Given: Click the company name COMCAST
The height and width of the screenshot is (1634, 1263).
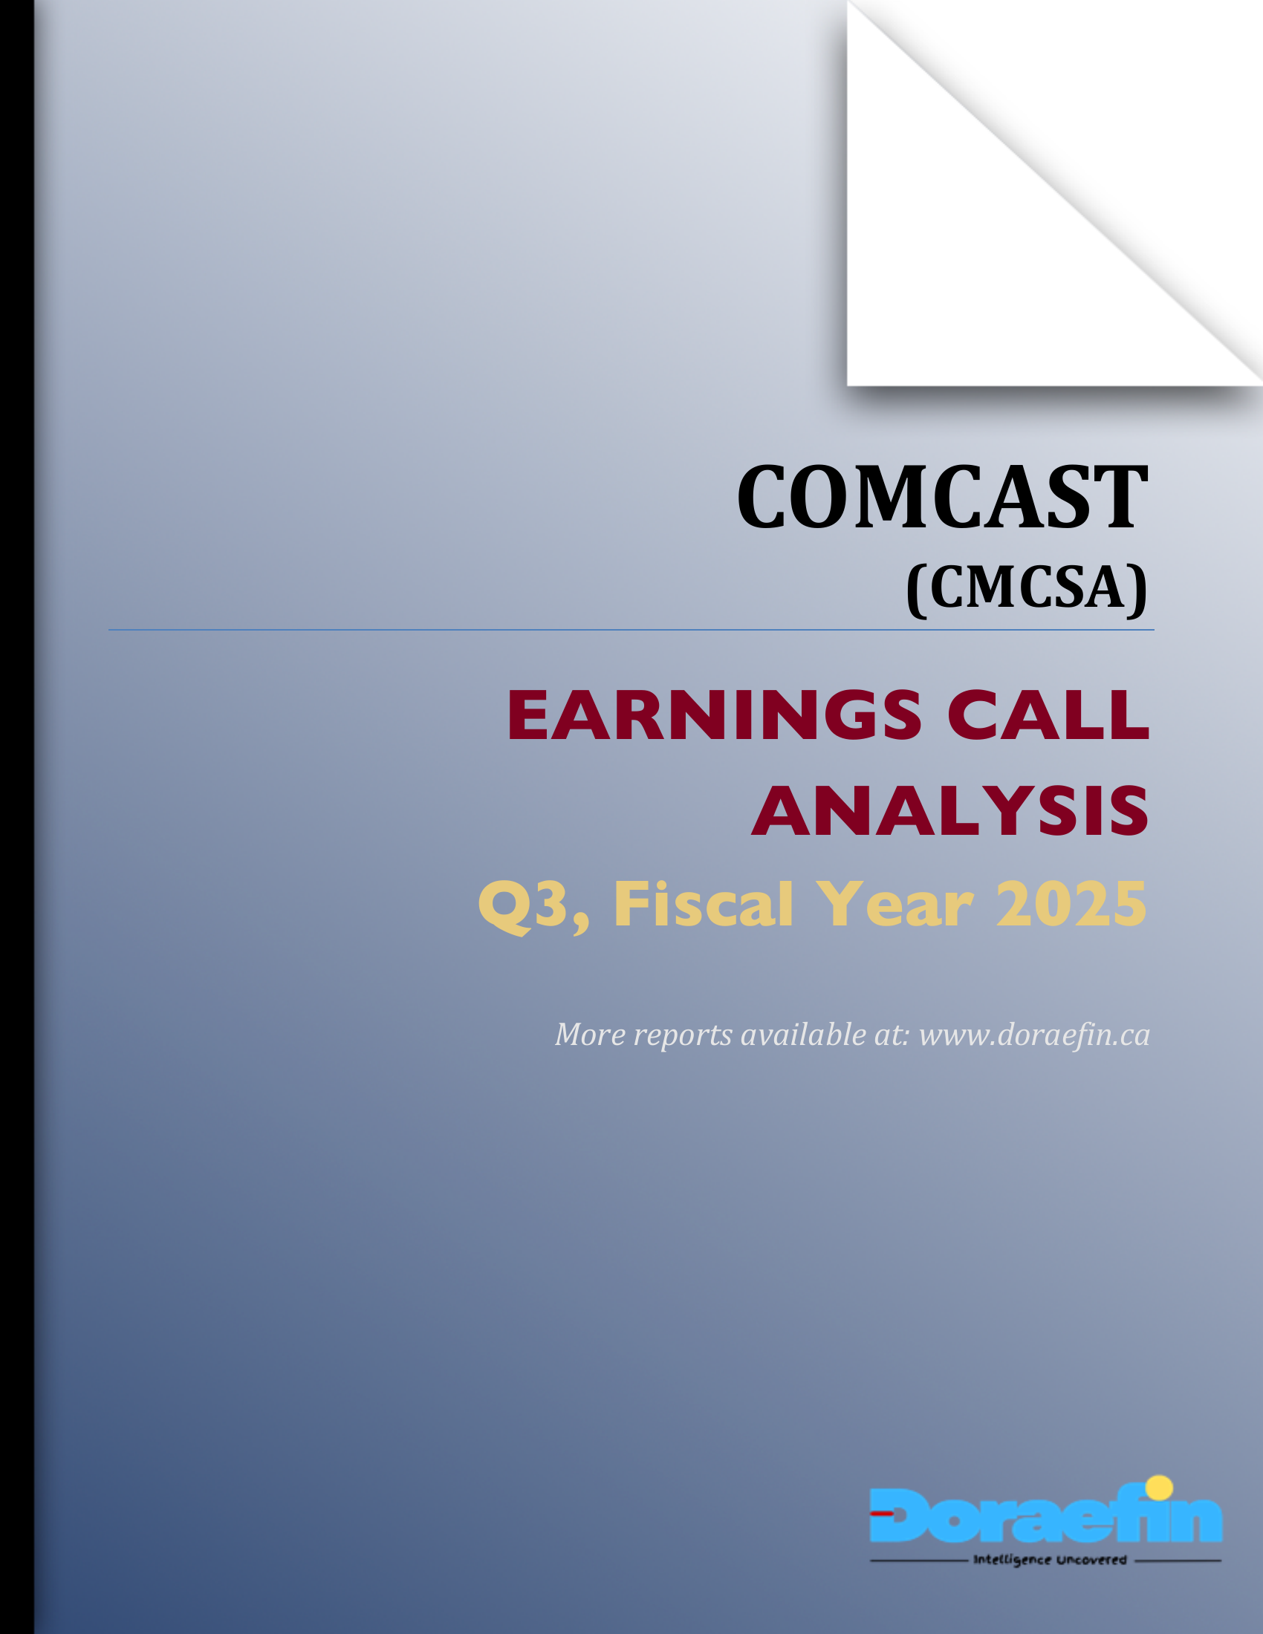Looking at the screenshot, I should pos(942,498).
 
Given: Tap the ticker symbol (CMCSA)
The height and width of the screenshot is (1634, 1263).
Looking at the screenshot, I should pos(1026,587).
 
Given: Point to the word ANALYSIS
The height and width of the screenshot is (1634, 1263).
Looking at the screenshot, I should pos(949,812).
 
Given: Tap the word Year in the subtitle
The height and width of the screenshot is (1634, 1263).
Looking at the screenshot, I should pos(894,905).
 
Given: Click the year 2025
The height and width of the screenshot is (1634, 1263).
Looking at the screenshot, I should pos(1071,905).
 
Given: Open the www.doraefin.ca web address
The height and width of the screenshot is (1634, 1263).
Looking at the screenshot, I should pos(1034,1035).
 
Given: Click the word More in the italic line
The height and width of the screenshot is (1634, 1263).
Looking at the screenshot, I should pos(591,1035).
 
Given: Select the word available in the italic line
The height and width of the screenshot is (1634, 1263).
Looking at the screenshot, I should pos(802,1035).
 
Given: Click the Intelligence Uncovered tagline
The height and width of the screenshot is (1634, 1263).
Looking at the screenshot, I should pos(1049,1560).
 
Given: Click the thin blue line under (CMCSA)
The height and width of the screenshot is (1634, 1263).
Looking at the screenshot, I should pos(631,630).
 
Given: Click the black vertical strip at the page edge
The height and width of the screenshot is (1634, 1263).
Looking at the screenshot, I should pos(16,817).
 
